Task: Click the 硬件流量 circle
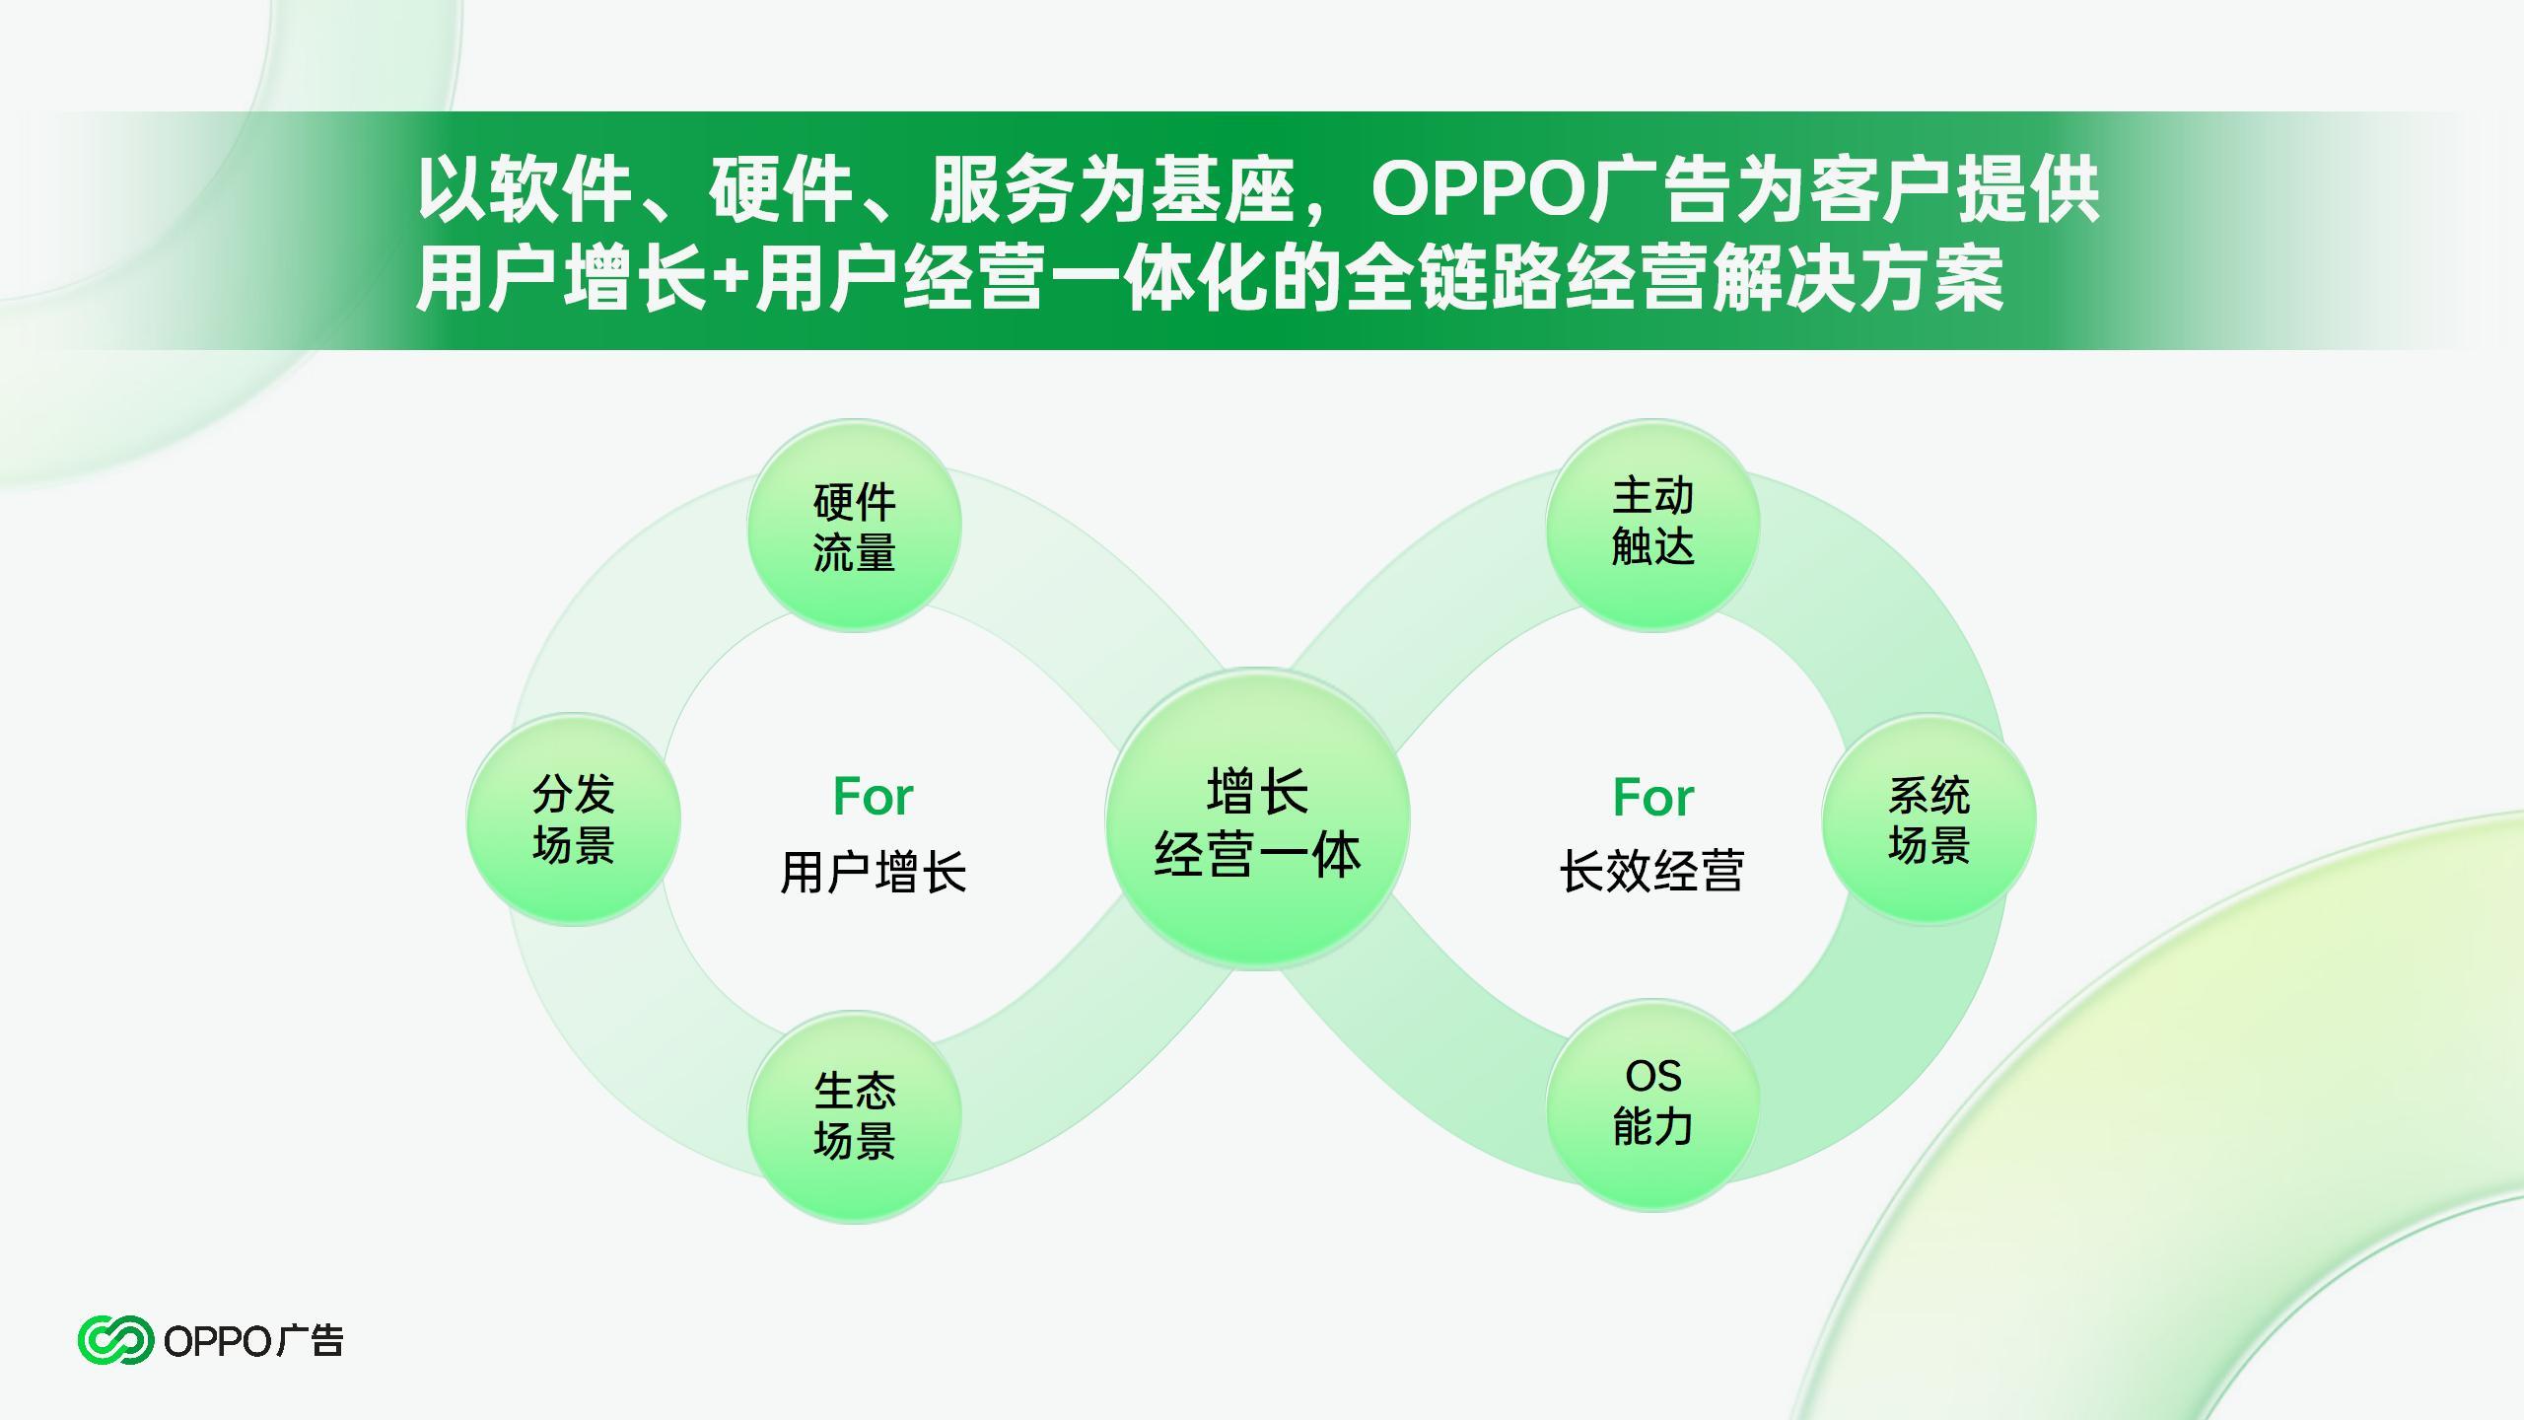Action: click(x=854, y=526)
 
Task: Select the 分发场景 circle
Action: click(x=574, y=819)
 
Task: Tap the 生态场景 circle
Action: click(x=854, y=1115)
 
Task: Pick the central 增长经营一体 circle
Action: click(x=1257, y=819)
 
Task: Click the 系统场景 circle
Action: click(x=1928, y=819)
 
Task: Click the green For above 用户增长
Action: click(x=873, y=796)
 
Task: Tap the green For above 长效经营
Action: click(x=1653, y=797)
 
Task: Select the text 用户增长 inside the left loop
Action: click(x=874, y=872)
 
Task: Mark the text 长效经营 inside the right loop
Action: click(x=1652, y=871)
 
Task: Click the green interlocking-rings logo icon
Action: click(x=115, y=1340)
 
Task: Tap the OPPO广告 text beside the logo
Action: click(x=253, y=1341)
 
